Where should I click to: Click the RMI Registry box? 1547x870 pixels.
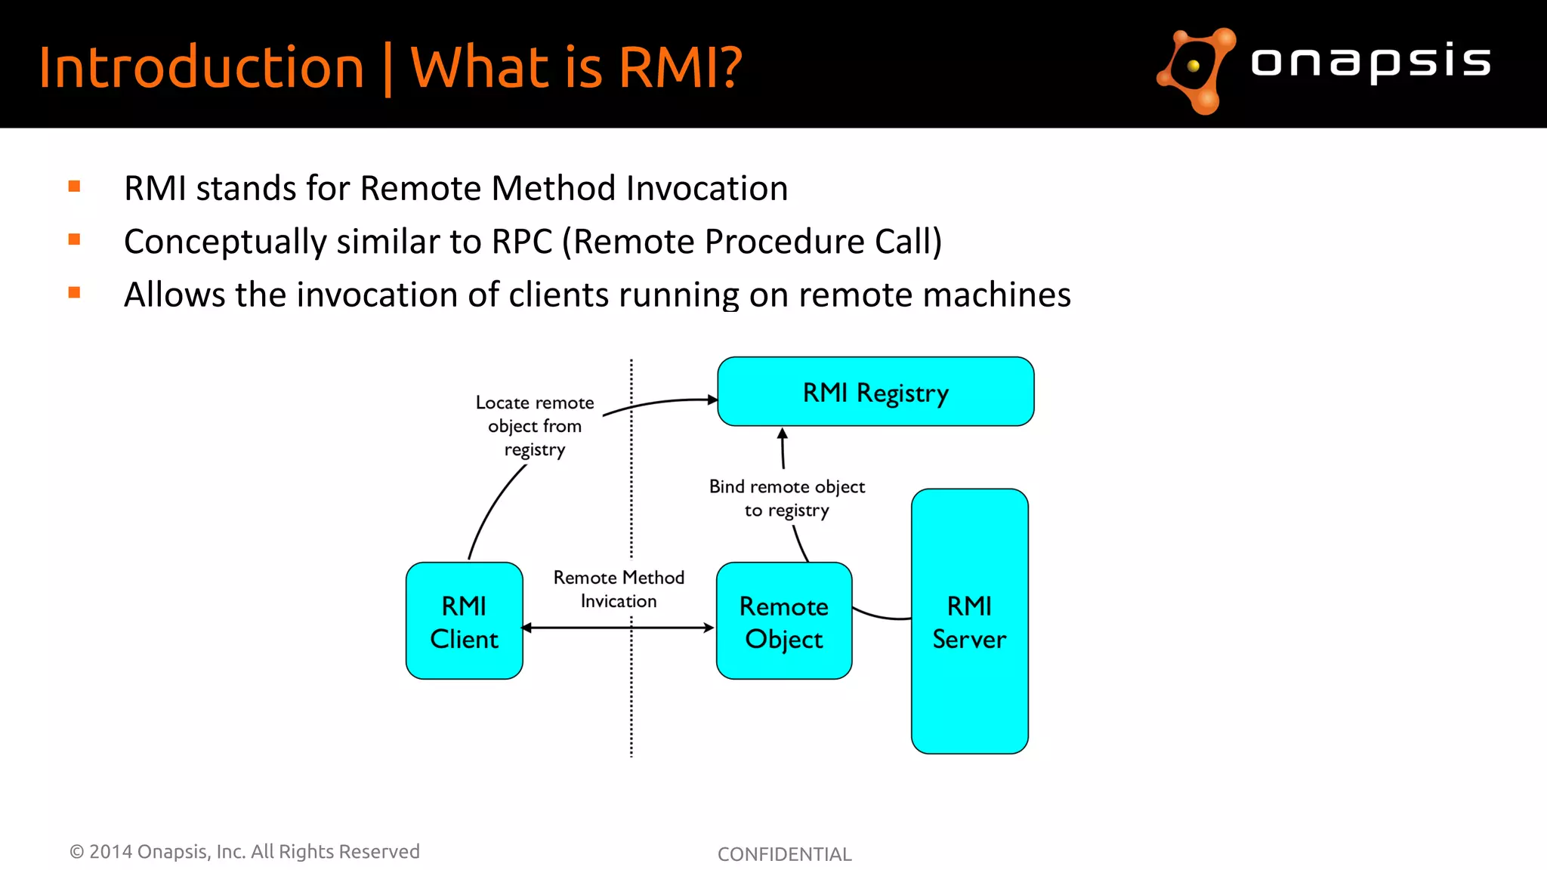pos(875,392)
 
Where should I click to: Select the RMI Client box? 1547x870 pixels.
pos(464,621)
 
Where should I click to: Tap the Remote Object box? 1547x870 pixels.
pos(784,621)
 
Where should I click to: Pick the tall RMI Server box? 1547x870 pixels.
pos(969,621)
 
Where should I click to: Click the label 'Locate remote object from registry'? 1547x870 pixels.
pos(535,426)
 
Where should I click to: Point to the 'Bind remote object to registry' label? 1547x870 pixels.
pos(787,498)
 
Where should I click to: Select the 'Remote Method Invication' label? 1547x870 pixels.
pos(619,589)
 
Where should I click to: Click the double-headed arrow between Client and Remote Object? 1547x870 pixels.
pos(618,628)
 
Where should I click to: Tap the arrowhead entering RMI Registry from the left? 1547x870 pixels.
pos(712,400)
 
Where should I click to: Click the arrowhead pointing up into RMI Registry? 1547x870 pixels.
pos(783,434)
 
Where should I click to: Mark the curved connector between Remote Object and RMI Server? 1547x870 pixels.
pos(881,615)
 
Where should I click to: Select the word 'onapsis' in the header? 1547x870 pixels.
pos(1370,62)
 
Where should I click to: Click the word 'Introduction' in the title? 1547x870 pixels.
pos(202,68)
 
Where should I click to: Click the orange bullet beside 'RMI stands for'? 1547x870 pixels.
pos(74,187)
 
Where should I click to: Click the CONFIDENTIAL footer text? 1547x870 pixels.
pos(784,854)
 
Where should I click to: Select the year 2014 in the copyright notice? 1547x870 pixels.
pos(110,852)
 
